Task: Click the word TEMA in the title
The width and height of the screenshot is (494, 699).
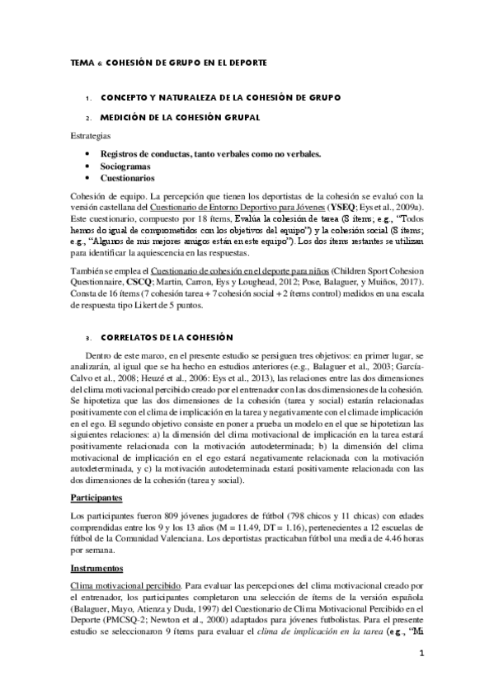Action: [x=80, y=63]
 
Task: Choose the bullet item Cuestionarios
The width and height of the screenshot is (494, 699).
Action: [x=126, y=177]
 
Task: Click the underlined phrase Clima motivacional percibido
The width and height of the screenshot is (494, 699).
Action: [x=122, y=584]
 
